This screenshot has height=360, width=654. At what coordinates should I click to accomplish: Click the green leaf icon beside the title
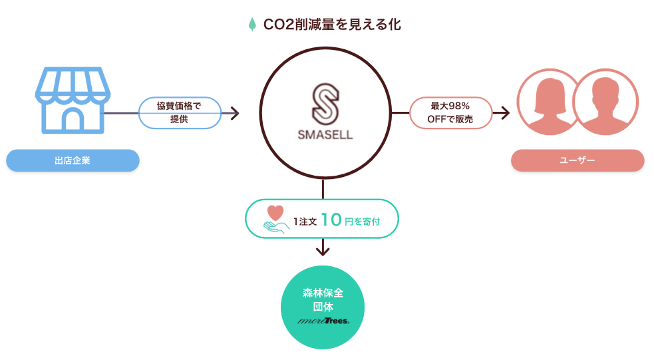[252, 25]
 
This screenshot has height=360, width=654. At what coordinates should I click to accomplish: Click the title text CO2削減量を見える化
[332, 25]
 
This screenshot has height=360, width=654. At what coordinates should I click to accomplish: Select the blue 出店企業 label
[73, 160]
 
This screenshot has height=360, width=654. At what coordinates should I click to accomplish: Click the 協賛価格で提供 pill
[179, 113]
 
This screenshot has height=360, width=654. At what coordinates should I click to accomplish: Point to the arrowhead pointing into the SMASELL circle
[234, 113]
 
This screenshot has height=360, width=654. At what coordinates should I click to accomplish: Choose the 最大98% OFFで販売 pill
[450, 113]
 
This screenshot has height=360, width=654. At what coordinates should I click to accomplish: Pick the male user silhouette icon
[605, 102]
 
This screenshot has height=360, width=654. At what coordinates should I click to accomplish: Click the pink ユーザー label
[577, 160]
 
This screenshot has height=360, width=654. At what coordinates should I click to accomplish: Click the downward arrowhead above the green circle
[323, 251]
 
